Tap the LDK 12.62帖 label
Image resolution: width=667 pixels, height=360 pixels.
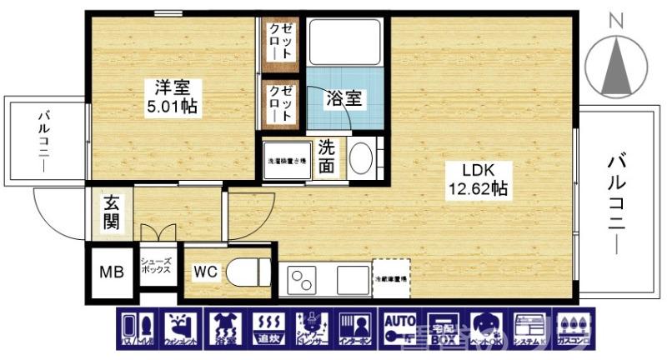tap(476, 179)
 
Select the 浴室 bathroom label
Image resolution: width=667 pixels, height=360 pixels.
tap(344, 97)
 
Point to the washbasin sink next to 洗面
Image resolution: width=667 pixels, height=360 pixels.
tap(360, 158)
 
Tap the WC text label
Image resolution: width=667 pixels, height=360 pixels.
tap(205, 271)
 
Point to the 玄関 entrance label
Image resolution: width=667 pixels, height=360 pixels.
tap(112, 212)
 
